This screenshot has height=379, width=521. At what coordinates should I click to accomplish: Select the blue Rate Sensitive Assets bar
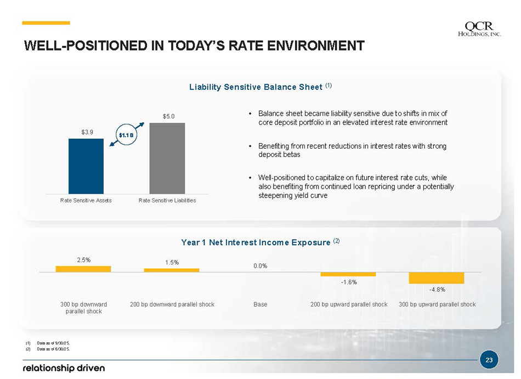coord(86,166)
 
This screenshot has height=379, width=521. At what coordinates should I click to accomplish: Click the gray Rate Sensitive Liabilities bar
coord(167,158)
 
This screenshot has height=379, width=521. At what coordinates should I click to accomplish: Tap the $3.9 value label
coord(87,132)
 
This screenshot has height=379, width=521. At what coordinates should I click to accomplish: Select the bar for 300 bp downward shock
coord(83,269)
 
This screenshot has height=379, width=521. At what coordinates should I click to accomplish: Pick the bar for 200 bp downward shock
coord(172,270)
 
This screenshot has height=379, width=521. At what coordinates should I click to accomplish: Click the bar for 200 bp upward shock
coord(348,274)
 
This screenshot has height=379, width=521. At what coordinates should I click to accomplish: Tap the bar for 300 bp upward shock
coord(437,278)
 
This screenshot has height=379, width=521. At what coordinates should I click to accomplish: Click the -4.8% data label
coord(437,290)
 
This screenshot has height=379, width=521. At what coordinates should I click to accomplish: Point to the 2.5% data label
coord(83,260)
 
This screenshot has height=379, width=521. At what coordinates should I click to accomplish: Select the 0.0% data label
coord(260,266)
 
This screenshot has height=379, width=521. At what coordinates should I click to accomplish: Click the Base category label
coord(260,304)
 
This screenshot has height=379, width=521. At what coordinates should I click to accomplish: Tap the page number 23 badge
coord(489,360)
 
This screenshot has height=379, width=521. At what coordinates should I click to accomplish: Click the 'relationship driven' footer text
coord(63,367)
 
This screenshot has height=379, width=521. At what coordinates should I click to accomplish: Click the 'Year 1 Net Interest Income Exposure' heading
coord(257,242)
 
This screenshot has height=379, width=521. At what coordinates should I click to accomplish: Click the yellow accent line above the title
coord(46,23)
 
